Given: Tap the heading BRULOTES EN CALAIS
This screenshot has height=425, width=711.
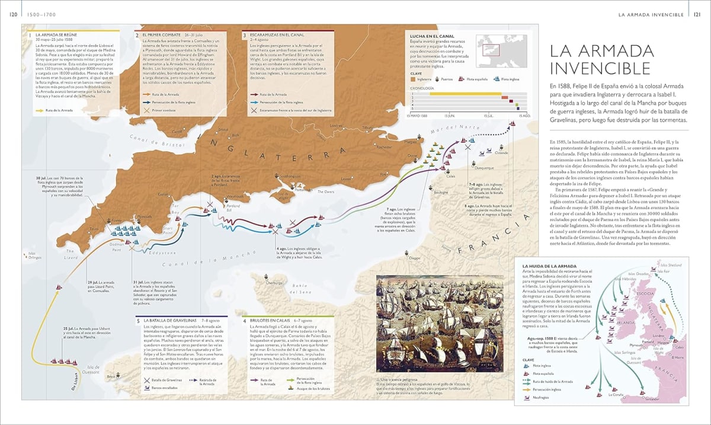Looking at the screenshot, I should click(x=276, y=321).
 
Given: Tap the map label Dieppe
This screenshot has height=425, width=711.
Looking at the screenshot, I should click(x=414, y=258).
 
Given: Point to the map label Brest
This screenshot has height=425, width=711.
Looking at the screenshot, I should click(x=111, y=376).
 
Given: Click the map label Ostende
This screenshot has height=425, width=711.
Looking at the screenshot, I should click(x=501, y=153).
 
